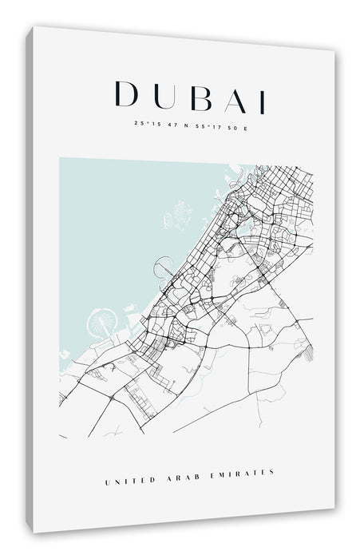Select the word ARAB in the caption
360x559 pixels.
[x=182, y=473]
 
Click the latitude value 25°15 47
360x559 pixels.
[x=152, y=124]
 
